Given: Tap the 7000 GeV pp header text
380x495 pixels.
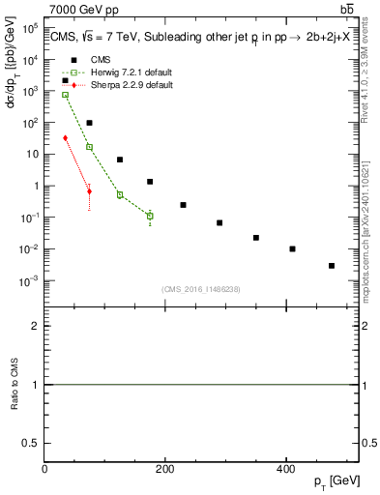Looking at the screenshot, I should [85, 10].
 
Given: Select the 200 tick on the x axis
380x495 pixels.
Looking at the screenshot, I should [164, 468].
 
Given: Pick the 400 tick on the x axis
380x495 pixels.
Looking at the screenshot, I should [284, 468].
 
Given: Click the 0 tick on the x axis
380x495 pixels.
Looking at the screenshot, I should [44, 468].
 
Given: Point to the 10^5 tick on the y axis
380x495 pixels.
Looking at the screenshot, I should [31, 28].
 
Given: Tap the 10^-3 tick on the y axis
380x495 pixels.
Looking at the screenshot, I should [29, 281].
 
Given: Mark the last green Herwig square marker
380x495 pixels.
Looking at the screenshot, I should [150, 216].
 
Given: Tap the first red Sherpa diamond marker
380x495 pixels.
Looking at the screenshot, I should [65, 138].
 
